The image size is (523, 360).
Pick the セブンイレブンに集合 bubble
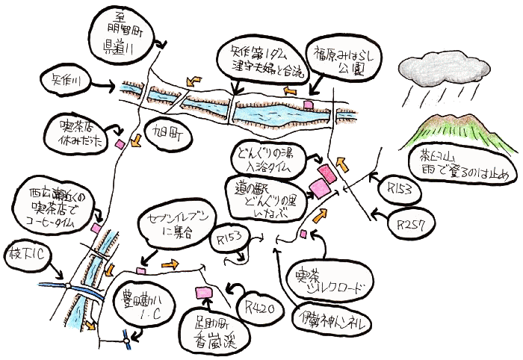(x=172, y=226)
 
